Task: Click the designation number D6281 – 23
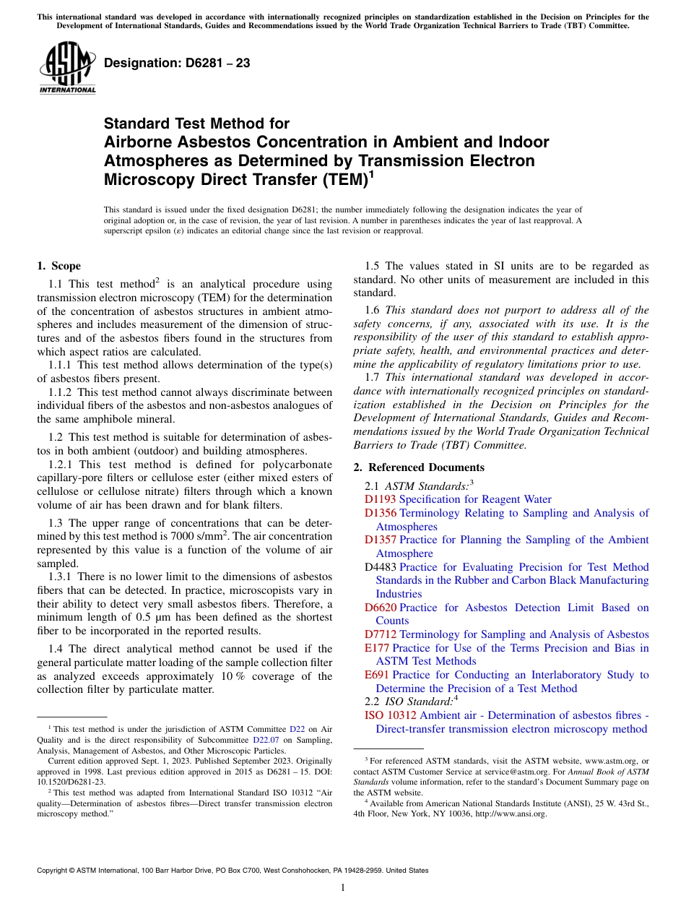pos(177,63)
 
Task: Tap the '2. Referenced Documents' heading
pos(419,467)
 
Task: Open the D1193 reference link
pos(381,499)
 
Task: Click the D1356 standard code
pos(381,513)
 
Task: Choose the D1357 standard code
pos(381,540)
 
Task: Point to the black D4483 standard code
pos(381,567)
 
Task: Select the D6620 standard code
pos(381,608)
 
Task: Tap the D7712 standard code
pos(381,634)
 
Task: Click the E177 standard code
pos(377,648)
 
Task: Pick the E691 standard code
pos(377,675)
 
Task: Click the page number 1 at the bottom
pos(343,888)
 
